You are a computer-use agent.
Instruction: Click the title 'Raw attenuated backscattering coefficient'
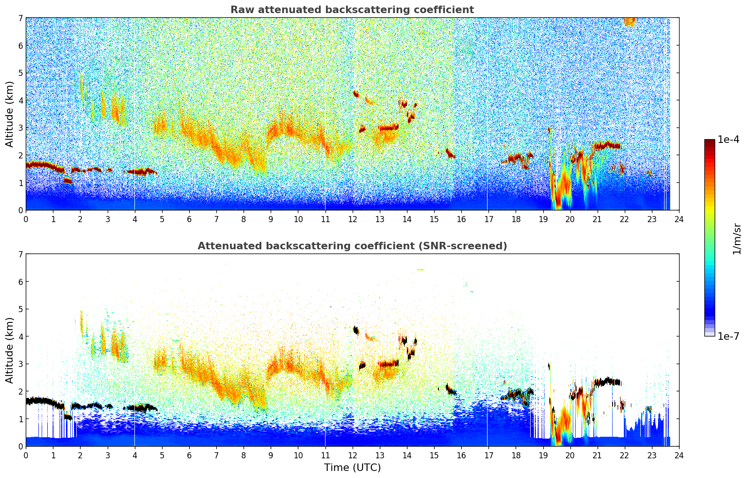(x=352, y=10)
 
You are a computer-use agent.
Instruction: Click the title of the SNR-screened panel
(x=352, y=246)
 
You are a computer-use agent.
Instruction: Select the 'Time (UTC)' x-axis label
(x=352, y=468)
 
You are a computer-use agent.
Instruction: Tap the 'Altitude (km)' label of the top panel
(x=10, y=114)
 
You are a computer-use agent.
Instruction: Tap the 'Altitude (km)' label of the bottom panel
(x=10, y=350)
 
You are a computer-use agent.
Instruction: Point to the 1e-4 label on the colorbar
(x=728, y=140)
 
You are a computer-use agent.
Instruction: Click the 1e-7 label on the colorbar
(x=728, y=336)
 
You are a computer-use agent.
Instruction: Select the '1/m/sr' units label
(x=737, y=239)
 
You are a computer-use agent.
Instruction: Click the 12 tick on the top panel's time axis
(x=352, y=219)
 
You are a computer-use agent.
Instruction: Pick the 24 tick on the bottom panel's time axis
(x=679, y=455)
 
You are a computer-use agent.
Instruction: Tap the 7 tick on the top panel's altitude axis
(x=20, y=18)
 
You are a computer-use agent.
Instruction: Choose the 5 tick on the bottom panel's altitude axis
(x=20, y=309)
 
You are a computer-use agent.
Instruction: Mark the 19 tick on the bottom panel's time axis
(x=543, y=455)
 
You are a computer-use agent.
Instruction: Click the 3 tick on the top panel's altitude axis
(x=20, y=128)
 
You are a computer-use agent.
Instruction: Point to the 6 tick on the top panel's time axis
(x=189, y=219)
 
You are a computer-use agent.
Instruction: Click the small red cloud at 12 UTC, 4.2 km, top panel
(x=356, y=94)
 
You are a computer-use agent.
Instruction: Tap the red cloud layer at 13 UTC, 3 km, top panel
(x=388, y=127)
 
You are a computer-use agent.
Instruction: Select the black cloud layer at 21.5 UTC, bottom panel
(x=607, y=381)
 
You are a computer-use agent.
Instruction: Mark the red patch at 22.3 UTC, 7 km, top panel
(x=630, y=21)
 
